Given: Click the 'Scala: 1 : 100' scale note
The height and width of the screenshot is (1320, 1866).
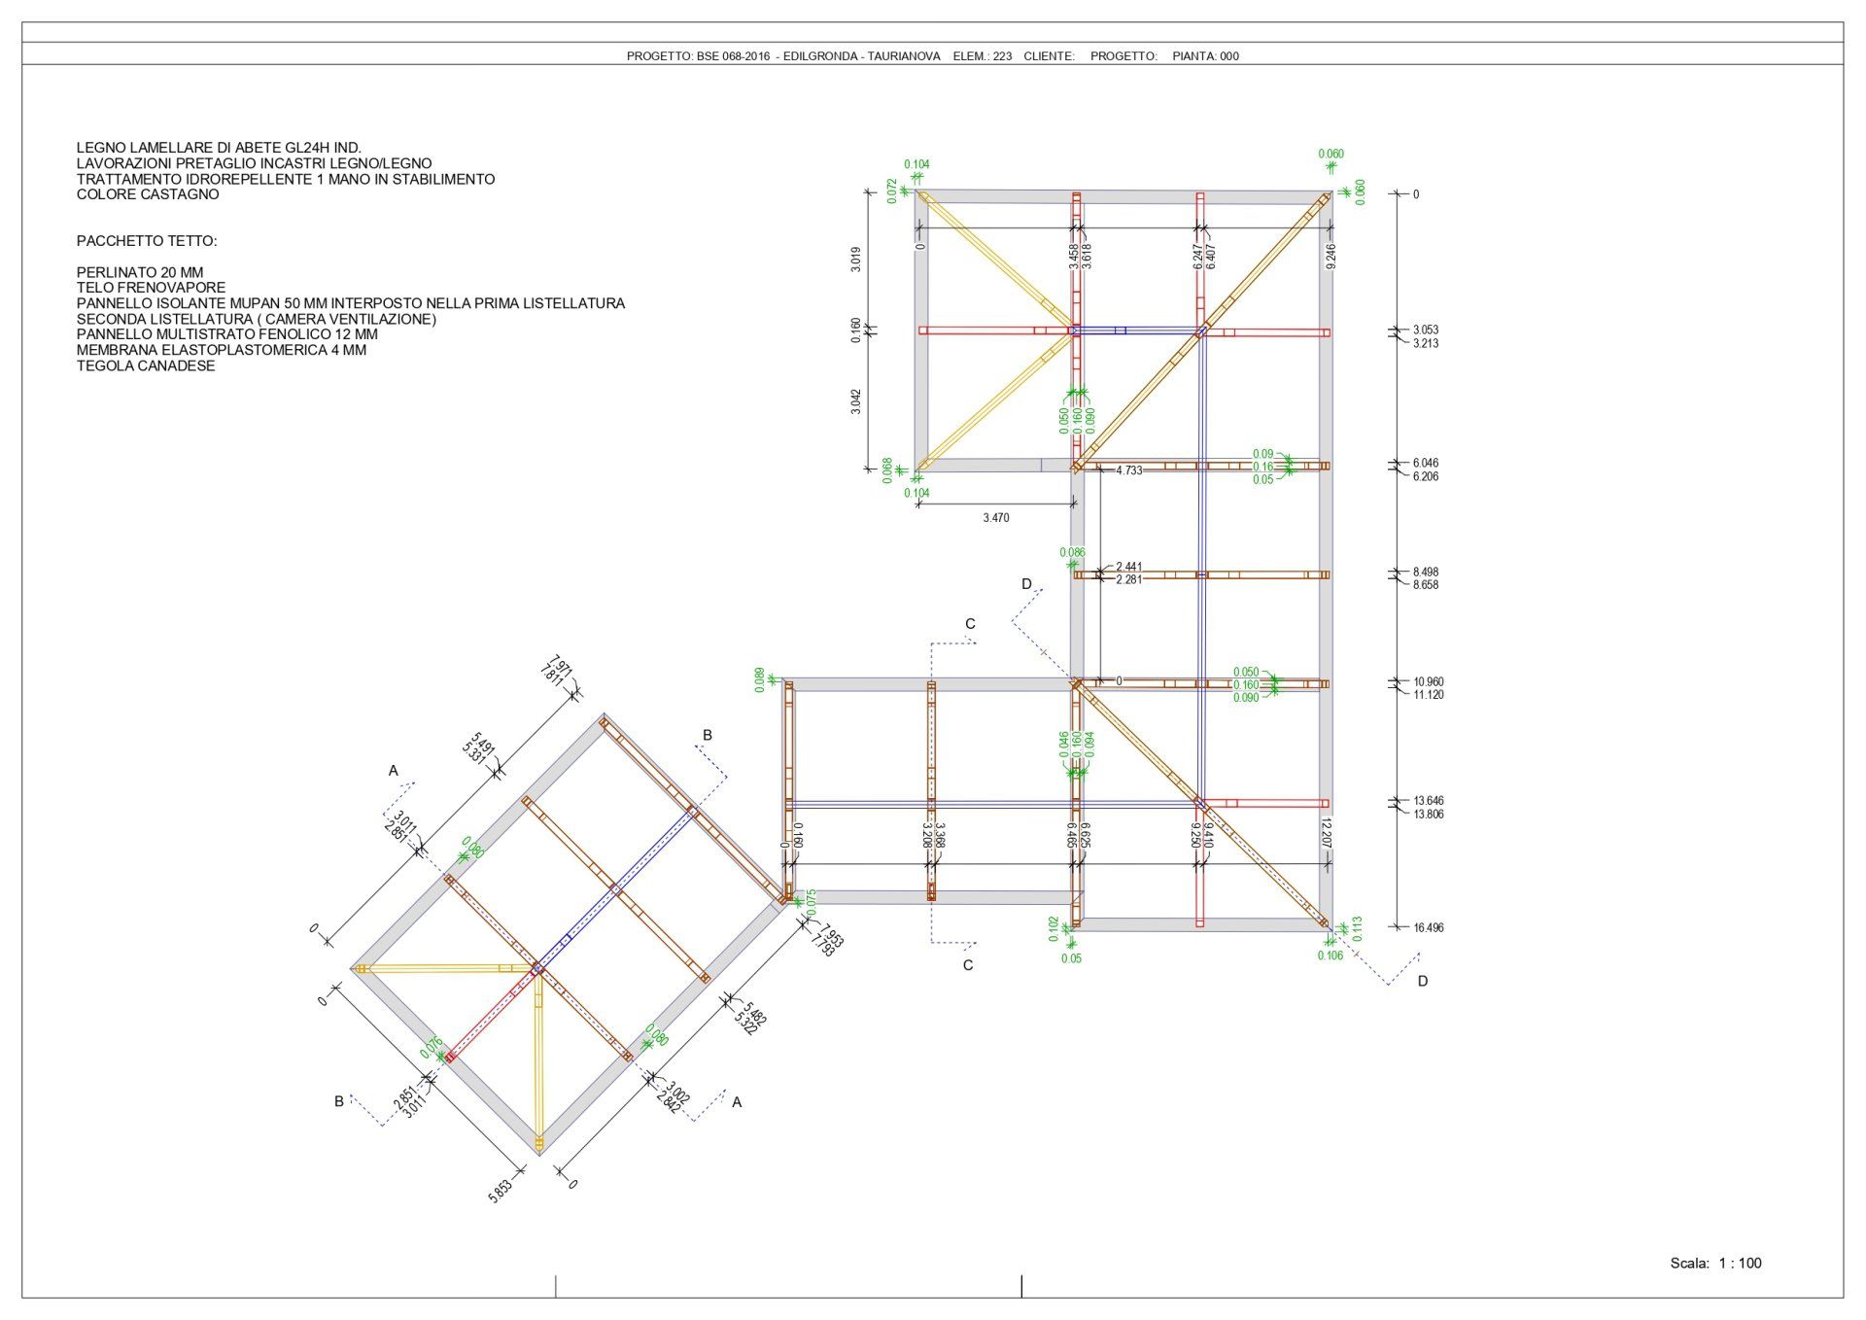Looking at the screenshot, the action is click(1715, 1264).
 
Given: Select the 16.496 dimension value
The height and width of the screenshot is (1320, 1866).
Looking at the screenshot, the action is click(1428, 928).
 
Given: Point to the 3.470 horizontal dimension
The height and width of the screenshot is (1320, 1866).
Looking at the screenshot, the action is click(995, 518).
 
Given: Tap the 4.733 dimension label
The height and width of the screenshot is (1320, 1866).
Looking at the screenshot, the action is click(1128, 470).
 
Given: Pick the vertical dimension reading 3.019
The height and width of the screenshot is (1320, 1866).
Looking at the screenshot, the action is click(855, 260).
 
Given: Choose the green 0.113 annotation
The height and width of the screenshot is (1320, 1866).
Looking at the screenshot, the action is click(1358, 928).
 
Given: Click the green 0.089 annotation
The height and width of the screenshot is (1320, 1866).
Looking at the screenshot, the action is click(759, 679).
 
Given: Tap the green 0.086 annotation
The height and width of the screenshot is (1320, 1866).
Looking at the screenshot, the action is click(1072, 553).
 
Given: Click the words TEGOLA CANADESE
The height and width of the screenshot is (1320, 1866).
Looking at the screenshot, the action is click(146, 366).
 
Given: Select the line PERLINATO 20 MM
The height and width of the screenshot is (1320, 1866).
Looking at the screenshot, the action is click(140, 273).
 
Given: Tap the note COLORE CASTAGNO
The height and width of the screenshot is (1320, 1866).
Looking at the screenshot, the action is click(148, 194).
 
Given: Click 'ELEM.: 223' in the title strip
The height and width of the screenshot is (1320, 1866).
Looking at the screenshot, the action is click(982, 56).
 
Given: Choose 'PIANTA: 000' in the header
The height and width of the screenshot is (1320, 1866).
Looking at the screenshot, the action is click(1205, 56).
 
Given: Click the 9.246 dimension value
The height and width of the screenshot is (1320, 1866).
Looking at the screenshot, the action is click(1330, 257).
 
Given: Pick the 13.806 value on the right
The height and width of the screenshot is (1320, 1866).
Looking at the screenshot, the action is click(1428, 815).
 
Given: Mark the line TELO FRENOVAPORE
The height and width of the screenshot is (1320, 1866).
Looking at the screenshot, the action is click(151, 289).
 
